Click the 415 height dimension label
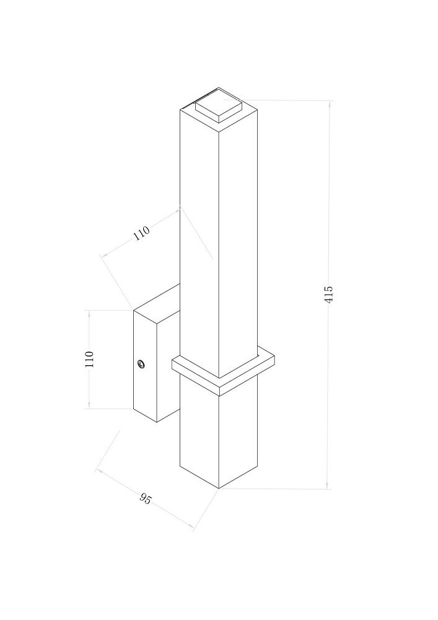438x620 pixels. (x=328, y=294)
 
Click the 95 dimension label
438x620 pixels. (x=146, y=498)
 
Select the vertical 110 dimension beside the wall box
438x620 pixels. (x=89, y=360)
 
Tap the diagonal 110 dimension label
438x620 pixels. (x=141, y=233)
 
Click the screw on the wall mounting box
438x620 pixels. (x=141, y=364)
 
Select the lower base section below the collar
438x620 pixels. (x=219, y=431)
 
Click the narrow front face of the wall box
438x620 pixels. (x=146, y=366)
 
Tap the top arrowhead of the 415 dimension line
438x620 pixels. (x=328, y=104)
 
